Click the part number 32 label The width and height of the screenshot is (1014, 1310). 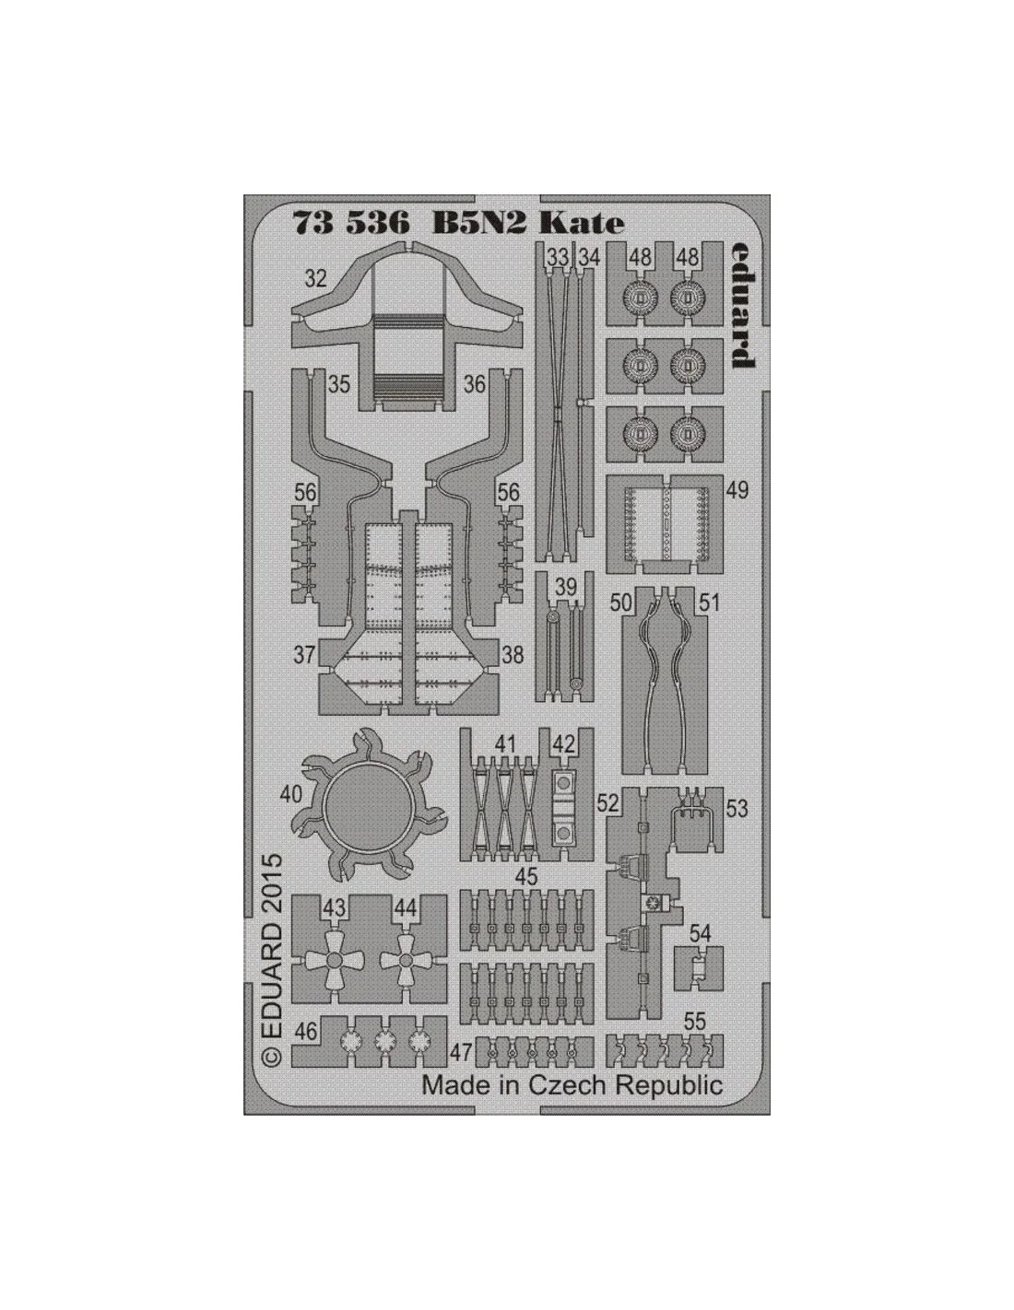315,278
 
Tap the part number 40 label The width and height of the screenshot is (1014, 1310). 290,794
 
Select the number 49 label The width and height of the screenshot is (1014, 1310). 737,490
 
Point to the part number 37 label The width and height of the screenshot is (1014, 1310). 304,655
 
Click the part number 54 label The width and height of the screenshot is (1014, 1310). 700,934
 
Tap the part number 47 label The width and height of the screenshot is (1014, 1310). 462,1053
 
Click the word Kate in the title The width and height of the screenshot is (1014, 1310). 581,223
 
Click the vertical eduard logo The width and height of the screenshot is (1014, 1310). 743,306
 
